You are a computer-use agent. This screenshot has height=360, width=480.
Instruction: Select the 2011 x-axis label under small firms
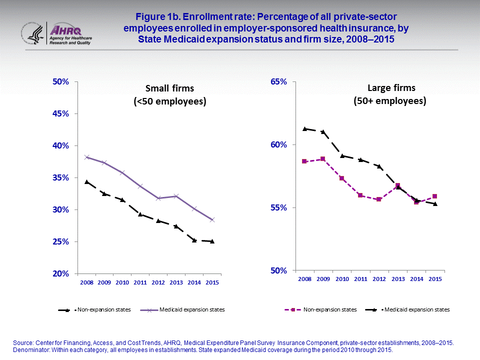click(x=140, y=282)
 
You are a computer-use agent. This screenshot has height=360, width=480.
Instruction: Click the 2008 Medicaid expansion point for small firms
click(x=86, y=157)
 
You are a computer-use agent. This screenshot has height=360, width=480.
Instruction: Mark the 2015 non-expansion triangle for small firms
click(x=212, y=241)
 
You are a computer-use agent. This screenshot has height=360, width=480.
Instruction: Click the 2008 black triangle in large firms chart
click(x=304, y=128)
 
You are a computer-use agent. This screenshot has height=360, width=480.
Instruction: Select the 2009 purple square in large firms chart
click(x=323, y=159)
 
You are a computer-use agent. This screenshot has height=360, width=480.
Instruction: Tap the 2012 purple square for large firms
click(x=379, y=199)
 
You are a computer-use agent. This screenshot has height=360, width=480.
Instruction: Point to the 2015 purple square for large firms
click(x=434, y=196)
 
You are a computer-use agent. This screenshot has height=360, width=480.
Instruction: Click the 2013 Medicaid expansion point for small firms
click(x=176, y=196)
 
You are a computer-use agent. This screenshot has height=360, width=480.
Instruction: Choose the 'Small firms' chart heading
click(x=169, y=89)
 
